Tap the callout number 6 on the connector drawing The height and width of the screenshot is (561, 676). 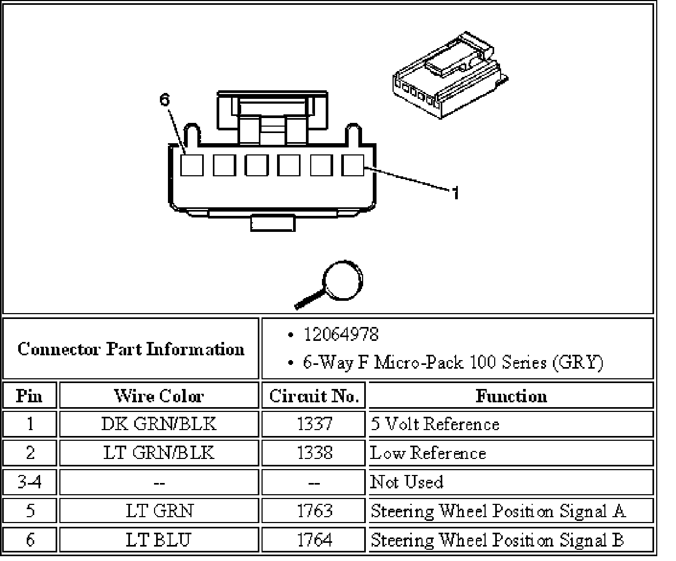point(164,100)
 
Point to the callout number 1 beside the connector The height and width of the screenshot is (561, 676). point(455,192)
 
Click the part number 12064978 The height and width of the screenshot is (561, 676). point(341,335)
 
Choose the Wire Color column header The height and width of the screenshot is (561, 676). point(158,396)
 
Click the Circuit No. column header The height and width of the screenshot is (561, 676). point(313,396)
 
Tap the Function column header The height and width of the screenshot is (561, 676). point(511,396)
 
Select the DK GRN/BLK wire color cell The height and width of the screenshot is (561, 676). point(158,424)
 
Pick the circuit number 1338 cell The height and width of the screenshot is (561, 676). point(314,453)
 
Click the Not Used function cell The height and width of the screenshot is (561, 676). point(407,482)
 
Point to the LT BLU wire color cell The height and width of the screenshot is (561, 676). point(158,540)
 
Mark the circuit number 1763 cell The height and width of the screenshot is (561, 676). point(314,511)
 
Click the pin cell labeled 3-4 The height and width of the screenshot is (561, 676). point(30,482)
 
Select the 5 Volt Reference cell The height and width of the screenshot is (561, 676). point(435,424)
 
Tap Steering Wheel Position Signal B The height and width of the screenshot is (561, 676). point(497,540)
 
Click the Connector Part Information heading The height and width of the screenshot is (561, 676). point(131,349)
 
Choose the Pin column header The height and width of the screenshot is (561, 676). point(29,396)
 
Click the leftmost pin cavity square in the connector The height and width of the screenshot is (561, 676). point(191,165)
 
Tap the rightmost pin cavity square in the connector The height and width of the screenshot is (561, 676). point(353,165)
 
